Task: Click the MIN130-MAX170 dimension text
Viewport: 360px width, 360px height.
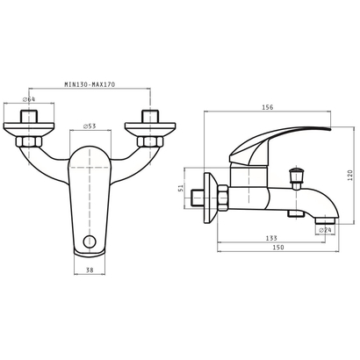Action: click(90, 84)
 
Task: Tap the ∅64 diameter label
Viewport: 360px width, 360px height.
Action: click(29, 99)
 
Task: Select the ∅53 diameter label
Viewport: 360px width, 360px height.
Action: click(90, 126)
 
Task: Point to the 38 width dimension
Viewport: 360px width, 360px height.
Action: click(90, 270)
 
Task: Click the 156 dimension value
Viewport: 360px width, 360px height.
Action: click(267, 107)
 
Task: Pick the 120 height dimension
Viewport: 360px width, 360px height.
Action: click(350, 175)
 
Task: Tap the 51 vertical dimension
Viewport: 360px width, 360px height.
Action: click(181, 188)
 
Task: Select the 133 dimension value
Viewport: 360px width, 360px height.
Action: click(271, 238)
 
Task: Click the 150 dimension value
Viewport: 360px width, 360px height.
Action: click(278, 248)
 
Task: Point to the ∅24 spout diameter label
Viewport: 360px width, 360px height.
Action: click(325, 230)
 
